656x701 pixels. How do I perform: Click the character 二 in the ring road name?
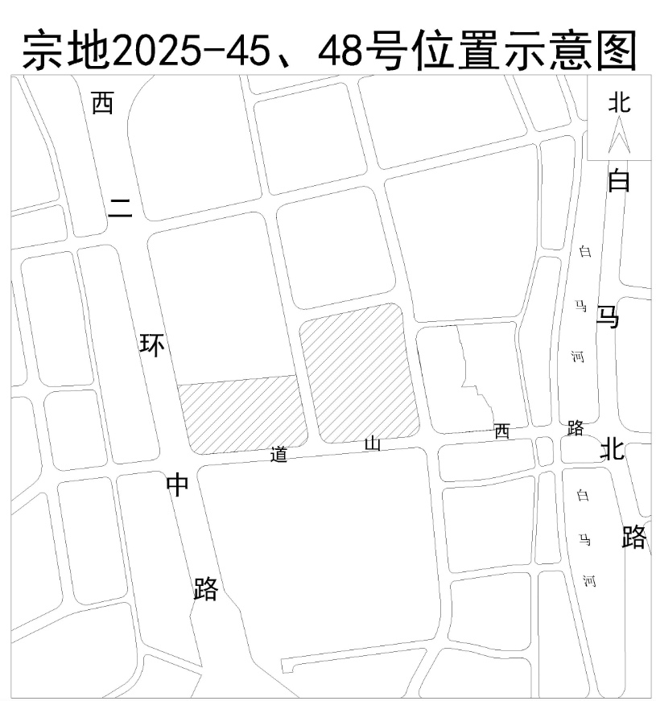click(x=121, y=208)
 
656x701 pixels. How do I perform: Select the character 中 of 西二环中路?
click(x=177, y=485)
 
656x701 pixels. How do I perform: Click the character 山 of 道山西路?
click(x=373, y=443)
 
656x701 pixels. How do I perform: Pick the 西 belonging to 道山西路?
click(x=501, y=432)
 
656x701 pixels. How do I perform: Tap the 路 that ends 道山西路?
click(x=575, y=427)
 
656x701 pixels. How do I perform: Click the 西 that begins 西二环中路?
click(x=102, y=103)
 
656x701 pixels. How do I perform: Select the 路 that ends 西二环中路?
click(x=206, y=588)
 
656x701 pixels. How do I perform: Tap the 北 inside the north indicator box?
click(x=619, y=101)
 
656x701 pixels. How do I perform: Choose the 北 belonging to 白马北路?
click(x=612, y=449)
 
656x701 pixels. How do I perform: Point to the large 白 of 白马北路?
click(x=618, y=181)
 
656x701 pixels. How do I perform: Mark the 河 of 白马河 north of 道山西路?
click(x=578, y=357)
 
